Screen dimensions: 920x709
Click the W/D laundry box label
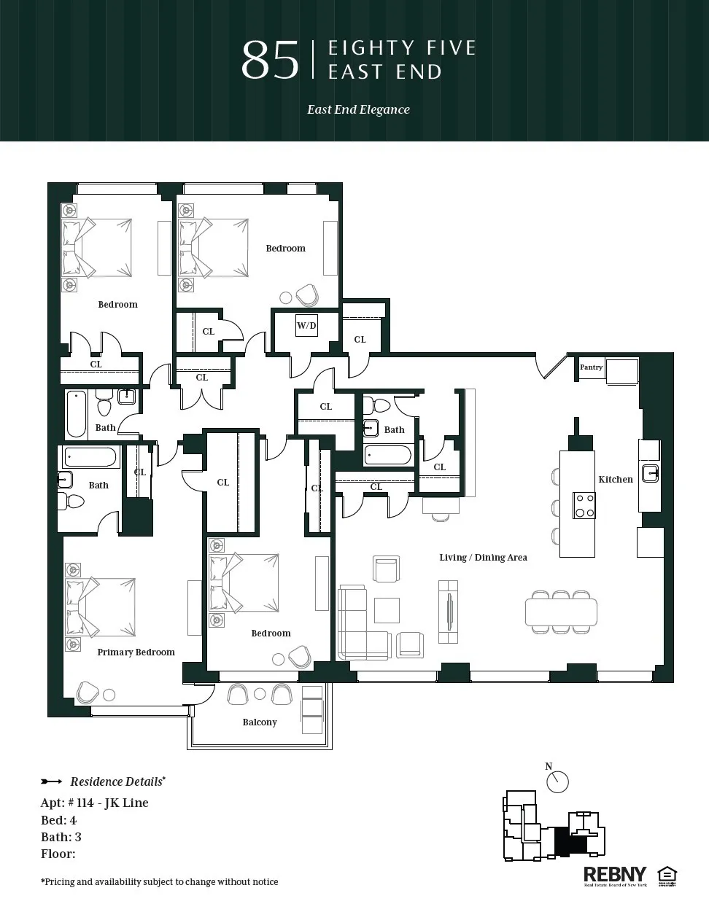(x=306, y=325)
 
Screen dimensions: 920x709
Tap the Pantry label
(x=591, y=367)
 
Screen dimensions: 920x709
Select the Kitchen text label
(x=616, y=479)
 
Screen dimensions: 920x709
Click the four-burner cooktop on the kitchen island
(x=584, y=505)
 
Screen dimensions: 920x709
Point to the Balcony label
(x=260, y=722)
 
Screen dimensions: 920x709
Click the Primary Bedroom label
(x=136, y=652)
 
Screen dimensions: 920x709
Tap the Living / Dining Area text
(x=483, y=557)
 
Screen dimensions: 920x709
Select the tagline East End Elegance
(x=358, y=109)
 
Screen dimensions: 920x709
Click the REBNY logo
(x=615, y=875)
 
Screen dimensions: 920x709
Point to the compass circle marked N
(x=557, y=782)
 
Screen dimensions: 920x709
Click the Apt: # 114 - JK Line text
(x=95, y=803)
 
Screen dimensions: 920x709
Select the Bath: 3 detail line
(x=61, y=837)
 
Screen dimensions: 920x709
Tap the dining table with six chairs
(x=560, y=612)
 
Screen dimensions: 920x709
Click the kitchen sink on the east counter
(x=650, y=474)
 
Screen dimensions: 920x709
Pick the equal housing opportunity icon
(x=667, y=875)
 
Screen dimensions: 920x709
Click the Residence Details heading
(x=117, y=781)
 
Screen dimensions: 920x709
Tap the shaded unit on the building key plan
(x=566, y=842)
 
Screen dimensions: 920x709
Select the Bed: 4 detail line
(x=59, y=820)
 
